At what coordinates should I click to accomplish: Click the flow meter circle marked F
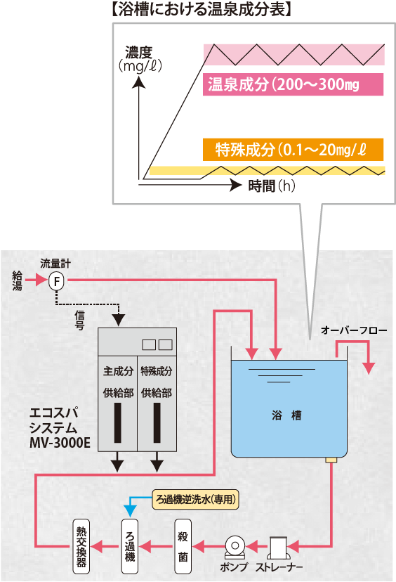pos(56,281)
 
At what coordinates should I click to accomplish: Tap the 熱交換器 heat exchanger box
pos(81,546)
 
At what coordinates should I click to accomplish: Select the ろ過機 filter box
pos(130,546)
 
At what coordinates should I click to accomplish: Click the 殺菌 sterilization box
pos(183,546)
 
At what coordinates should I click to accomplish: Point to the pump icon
pos(235,548)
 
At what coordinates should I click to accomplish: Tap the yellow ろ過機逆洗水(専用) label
pos(195,500)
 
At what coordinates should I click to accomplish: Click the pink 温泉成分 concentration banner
pos(293,84)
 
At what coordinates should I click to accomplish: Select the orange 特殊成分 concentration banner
pos(293,150)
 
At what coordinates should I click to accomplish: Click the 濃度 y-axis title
pos(139,52)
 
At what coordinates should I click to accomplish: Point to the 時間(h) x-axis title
pos(272,186)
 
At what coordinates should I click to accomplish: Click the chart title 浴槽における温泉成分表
pos(202,9)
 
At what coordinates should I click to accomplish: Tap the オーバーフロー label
pos(354,330)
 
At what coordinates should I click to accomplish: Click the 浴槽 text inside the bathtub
pos(286,415)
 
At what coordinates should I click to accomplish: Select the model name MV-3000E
pos(60,443)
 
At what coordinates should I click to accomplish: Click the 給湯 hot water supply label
pos(18,280)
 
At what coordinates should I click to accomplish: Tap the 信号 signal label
pos(80,321)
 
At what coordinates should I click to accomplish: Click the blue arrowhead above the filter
pos(130,512)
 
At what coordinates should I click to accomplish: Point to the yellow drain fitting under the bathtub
pos(331,460)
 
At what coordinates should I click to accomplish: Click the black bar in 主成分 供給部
pos(118,422)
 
